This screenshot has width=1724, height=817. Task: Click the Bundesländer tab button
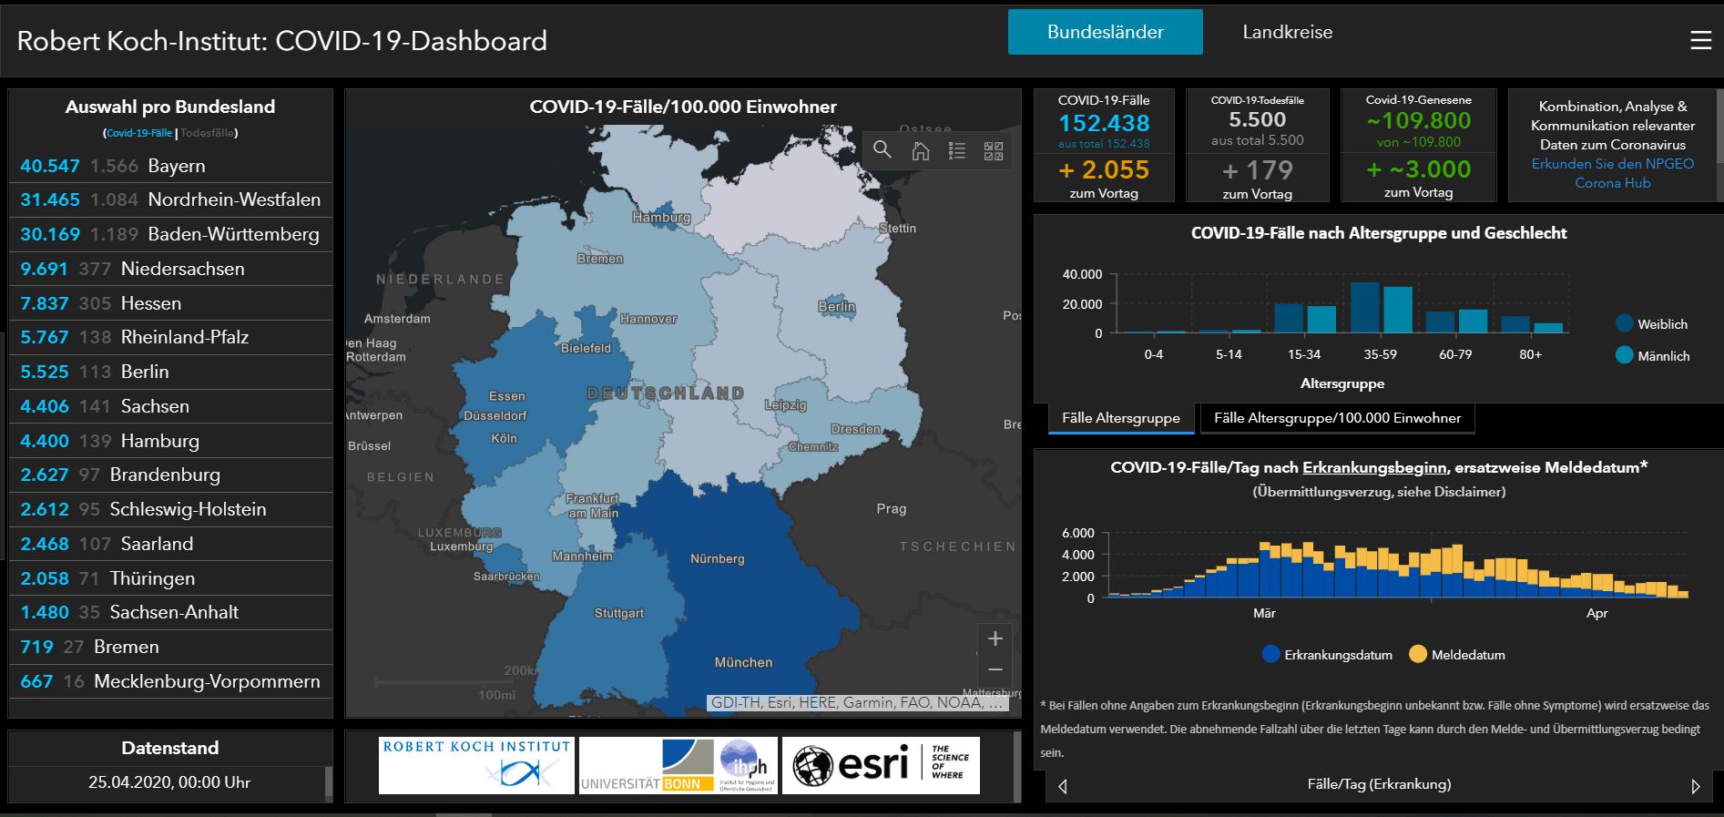pos(1105,32)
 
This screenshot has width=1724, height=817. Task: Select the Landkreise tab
pos(1287,32)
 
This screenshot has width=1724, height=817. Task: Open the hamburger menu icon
pos(1699,41)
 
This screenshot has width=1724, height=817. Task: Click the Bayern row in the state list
pos(170,166)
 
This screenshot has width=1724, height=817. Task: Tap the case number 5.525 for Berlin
pos(45,372)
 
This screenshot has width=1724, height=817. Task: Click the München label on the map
pos(743,662)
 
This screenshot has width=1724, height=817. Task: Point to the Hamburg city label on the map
pos(661,218)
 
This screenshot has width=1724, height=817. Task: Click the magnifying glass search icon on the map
pos(882,150)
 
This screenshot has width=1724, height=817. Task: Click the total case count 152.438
pos(1104,123)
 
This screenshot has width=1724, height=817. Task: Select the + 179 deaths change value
pos(1257,170)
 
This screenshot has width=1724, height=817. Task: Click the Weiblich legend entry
pos(1661,324)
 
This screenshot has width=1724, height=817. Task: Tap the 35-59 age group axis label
pos(1380,354)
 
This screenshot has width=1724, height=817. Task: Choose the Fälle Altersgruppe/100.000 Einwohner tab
pos(1337,418)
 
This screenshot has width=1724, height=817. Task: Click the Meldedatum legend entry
pos(1467,655)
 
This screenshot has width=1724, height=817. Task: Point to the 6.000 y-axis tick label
pos(1077,533)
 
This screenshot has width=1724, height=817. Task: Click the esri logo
pos(880,765)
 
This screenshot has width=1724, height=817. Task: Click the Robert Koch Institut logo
pos(476,765)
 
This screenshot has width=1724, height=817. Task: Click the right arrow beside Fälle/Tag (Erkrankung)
pos(1695,786)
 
